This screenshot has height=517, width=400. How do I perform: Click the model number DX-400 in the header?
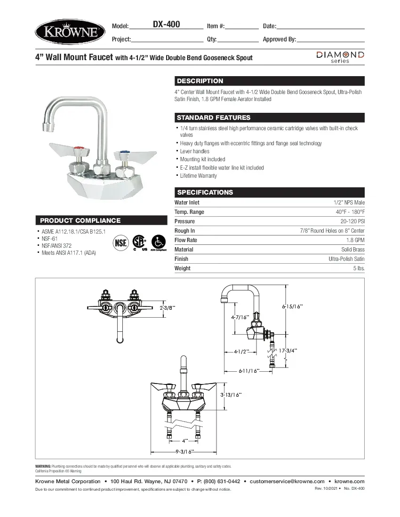tap(166, 24)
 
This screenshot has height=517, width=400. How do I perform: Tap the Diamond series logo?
tap(339, 57)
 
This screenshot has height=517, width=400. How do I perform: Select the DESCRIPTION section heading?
tap(200, 81)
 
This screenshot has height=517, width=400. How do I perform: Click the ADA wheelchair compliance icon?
tap(158, 243)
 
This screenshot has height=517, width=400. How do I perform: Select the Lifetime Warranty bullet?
tap(199, 176)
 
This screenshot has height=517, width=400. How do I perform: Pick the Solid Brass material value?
tap(352, 250)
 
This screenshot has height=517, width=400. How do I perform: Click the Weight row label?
tap(183, 268)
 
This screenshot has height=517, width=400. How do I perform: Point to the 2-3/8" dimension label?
tap(168, 308)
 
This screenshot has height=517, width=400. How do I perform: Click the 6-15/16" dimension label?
tap(292, 306)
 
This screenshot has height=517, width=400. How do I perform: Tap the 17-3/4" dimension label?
tap(288, 351)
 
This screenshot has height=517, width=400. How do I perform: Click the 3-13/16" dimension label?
tap(232, 395)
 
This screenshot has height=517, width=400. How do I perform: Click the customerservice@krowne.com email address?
tap(287, 481)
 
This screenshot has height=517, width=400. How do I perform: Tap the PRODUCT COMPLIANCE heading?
tap(80, 220)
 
